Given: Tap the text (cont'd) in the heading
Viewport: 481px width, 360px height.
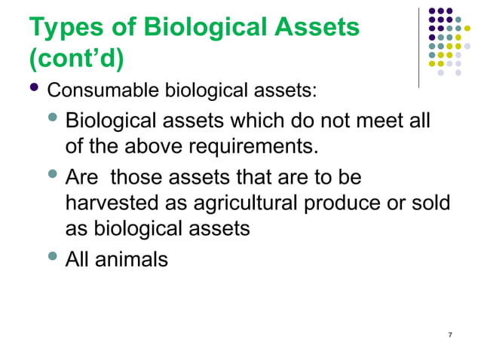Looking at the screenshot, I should click(x=76, y=58).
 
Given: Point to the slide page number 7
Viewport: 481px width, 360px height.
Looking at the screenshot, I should click(x=450, y=334).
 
